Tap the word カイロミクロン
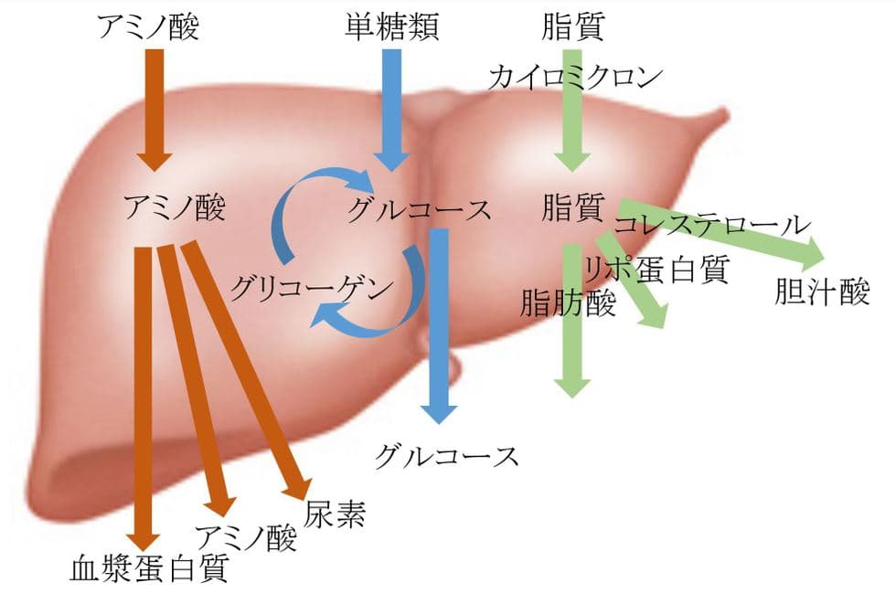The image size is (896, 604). [574, 77]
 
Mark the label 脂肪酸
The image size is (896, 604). [568, 302]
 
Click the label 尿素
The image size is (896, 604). [336, 515]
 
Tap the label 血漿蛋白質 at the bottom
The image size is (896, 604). [148, 569]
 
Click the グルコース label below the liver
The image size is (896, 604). [446, 454]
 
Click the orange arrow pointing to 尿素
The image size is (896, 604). [247, 366]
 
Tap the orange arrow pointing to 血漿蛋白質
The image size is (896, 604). [145, 393]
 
